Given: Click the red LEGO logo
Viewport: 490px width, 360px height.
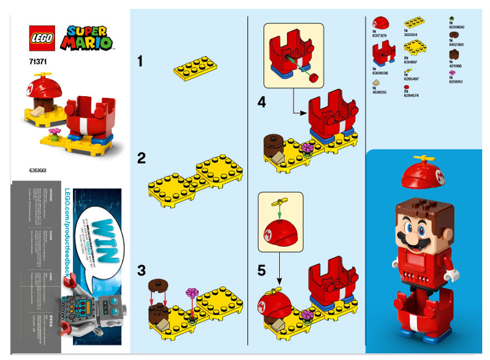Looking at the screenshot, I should [x=42, y=38].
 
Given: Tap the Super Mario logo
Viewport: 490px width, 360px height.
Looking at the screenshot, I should [x=89, y=37].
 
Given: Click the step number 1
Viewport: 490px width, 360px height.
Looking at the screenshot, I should [x=140, y=61].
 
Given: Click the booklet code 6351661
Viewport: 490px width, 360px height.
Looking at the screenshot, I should [x=38, y=170].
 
